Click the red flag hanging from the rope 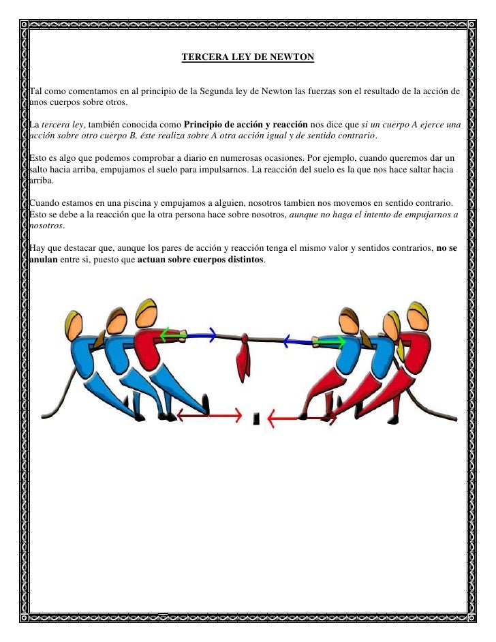pyautogui.click(x=241, y=358)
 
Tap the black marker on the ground pyautogui.click(x=255, y=417)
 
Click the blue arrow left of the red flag pyautogui.click(x=201, y=334)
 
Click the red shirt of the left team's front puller pyautogui.click(x=146, y=348)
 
